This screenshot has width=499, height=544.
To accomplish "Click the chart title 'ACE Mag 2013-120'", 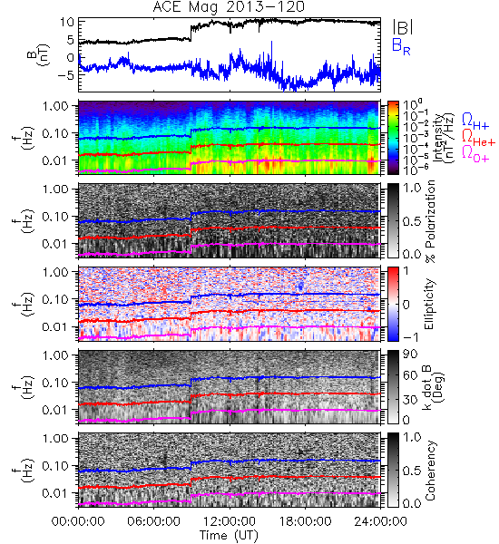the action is [x=229, y=7].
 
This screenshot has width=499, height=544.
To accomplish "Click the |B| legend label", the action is [x=403, y=27].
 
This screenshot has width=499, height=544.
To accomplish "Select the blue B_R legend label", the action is [x=401, y=46].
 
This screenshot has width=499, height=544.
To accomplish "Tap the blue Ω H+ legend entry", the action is [x=475, y=121].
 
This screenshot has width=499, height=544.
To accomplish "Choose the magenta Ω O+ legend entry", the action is [x=475, y=154].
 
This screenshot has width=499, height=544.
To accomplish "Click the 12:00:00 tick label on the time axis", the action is [x=230, y=521].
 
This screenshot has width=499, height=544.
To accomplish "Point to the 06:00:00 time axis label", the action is [x=154, y=521].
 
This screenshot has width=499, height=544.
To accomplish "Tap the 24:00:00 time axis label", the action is [x=380, y=521].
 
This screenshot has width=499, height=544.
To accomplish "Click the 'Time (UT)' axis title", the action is [x=230, y=535].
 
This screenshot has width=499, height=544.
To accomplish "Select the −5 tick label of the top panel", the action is [x=66, y=75].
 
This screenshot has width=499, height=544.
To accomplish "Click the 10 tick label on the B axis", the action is [x=67, y=22].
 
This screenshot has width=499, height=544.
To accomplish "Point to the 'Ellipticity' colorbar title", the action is [x=429, y=305].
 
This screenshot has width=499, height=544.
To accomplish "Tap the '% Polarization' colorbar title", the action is [x=430, y=221].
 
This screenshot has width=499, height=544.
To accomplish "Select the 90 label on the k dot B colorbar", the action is [x=409, y=355].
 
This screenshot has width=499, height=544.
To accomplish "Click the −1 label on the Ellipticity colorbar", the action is [x=411, y=337].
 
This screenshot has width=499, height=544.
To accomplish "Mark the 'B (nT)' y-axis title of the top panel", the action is [x=38, y=54].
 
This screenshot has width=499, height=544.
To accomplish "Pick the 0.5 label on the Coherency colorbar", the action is [x=412, y=471].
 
